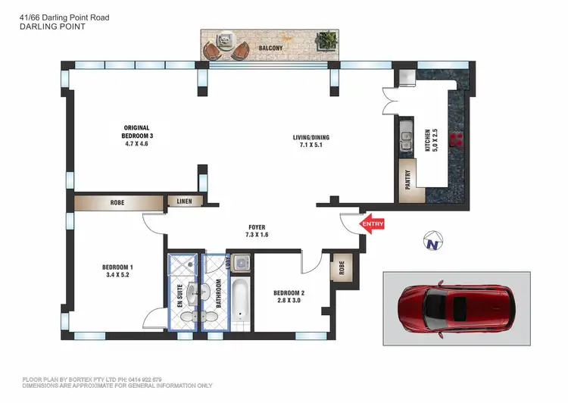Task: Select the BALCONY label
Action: point(271,48)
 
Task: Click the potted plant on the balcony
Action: point(327,40)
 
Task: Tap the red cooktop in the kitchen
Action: point(457,138)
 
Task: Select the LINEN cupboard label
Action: point(185,202)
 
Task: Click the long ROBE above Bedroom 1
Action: point(117,203)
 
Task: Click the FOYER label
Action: point(257,226)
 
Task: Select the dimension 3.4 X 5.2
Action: point(117,275)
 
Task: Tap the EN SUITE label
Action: point(180,294)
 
